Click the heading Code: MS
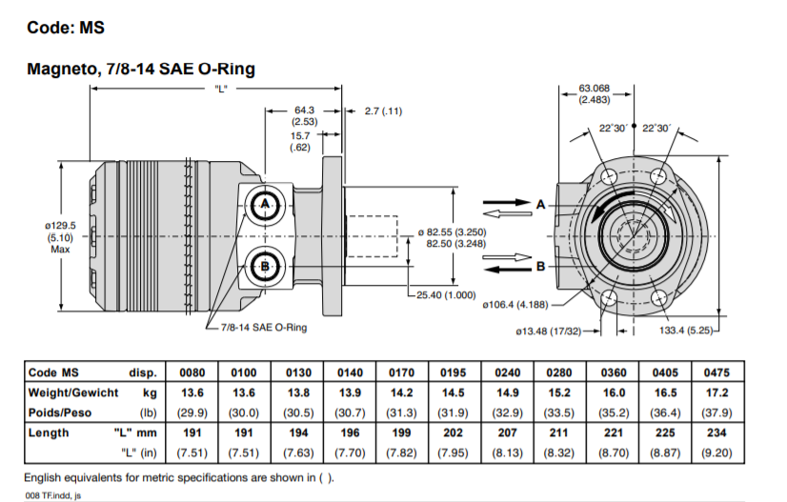click(x=65, y=28)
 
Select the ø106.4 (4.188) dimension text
click(x=521, y=305)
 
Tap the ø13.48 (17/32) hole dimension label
click(x=548, y=331)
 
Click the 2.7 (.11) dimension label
click(x=384, y=110)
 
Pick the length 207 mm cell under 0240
click(x=508, y=432)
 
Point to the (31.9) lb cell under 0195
click(x=455, y=412)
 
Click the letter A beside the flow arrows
click(x=540, y=204)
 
